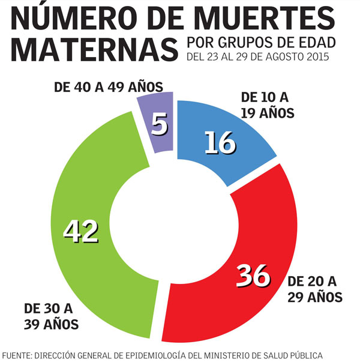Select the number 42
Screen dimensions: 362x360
click(81, 231)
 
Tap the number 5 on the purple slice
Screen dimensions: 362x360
click(160, 125)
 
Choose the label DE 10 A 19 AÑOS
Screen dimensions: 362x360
click(266, 104)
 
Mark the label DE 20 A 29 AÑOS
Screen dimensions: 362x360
click(314, 289)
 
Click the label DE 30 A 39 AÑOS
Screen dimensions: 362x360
click(52, 317)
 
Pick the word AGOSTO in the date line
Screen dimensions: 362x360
click(284, 57)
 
